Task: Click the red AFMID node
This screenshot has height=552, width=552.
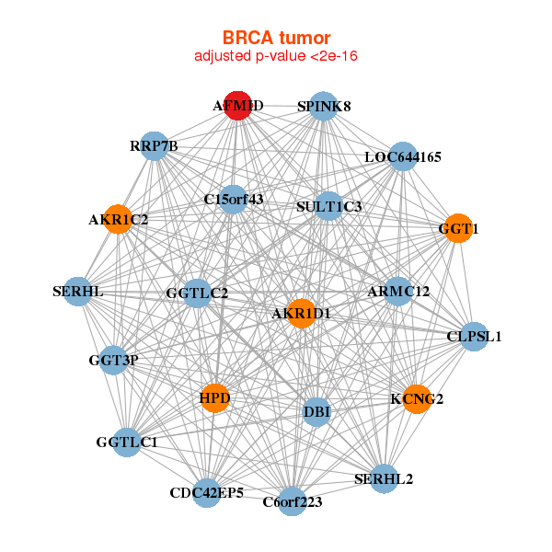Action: (x=238, y=106)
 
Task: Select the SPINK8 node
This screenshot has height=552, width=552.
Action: (x=322, y=106)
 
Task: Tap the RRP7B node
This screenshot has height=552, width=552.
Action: (x=154, y=145)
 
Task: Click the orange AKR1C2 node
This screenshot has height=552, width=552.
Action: (x=118, y=220)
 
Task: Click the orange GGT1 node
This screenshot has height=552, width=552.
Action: (x=457, y=227)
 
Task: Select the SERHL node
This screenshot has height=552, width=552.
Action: (x=77, y=293)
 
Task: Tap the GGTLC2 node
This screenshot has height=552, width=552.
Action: (x=197, y=293)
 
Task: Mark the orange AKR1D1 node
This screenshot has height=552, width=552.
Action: (x=301, y=314)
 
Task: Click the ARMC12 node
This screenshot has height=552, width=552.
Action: (x=398, y=292)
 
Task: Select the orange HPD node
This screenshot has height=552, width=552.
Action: (x=214, y=398)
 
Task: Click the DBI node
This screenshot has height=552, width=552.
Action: (x=316, y=410)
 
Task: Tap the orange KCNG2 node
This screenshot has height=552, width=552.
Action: (x=416, y=399)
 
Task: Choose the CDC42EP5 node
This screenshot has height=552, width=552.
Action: (x=206, y=492)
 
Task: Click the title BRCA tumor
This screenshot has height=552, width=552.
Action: (x=276, y=38)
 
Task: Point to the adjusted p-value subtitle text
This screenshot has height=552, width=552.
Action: (x=276, y=56)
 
